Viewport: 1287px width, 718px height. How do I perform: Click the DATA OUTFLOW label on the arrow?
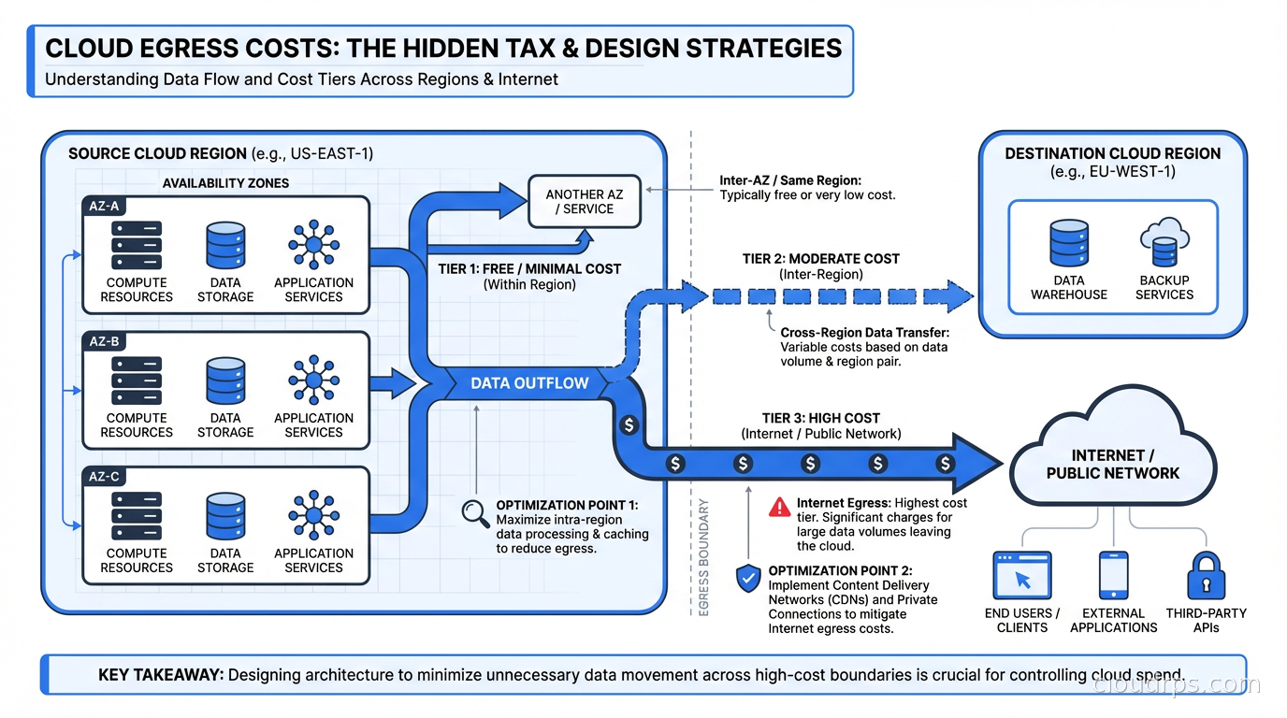529,382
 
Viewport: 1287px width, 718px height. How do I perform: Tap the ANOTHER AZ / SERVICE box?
585,202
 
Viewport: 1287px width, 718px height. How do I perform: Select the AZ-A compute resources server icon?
137,246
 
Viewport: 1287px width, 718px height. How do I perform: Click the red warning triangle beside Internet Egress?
778,508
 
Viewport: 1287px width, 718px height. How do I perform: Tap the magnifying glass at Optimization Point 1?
475,513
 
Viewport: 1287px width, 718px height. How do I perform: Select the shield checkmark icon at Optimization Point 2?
748,579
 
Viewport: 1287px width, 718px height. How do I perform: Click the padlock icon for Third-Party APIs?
1206,576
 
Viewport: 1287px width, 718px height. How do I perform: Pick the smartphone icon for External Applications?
1113,576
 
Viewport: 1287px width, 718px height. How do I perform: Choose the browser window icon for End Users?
1021,576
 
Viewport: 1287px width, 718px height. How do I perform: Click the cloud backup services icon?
1164,243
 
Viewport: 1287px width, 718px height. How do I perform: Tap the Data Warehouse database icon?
1068,243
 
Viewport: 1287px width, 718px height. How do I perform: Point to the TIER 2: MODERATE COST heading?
820,258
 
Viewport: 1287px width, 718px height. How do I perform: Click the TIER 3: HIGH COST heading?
820,418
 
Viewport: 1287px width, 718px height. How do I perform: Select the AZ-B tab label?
104,341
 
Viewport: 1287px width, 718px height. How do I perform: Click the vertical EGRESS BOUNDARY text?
703,557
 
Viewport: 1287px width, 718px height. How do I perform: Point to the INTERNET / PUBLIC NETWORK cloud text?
1112,464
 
